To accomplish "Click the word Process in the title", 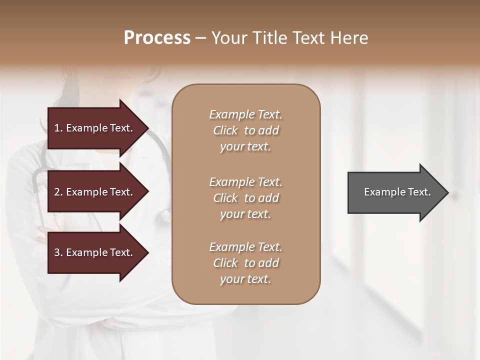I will [157, 38].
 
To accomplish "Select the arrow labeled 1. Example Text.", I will [95, 128].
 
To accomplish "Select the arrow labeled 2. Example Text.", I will [95, 192].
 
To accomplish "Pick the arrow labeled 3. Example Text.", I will [95, 252].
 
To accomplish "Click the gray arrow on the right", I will [395, 192].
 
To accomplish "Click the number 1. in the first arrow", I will [58, 128].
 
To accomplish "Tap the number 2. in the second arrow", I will [58, 192].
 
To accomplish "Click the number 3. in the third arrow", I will [58, 252].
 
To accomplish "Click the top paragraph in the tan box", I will [245, 130].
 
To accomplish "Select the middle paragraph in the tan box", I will [245, 197].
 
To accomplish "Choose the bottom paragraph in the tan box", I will [245, 263].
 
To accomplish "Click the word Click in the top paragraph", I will [225, 130].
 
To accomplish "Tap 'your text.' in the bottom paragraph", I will [245, 279].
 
